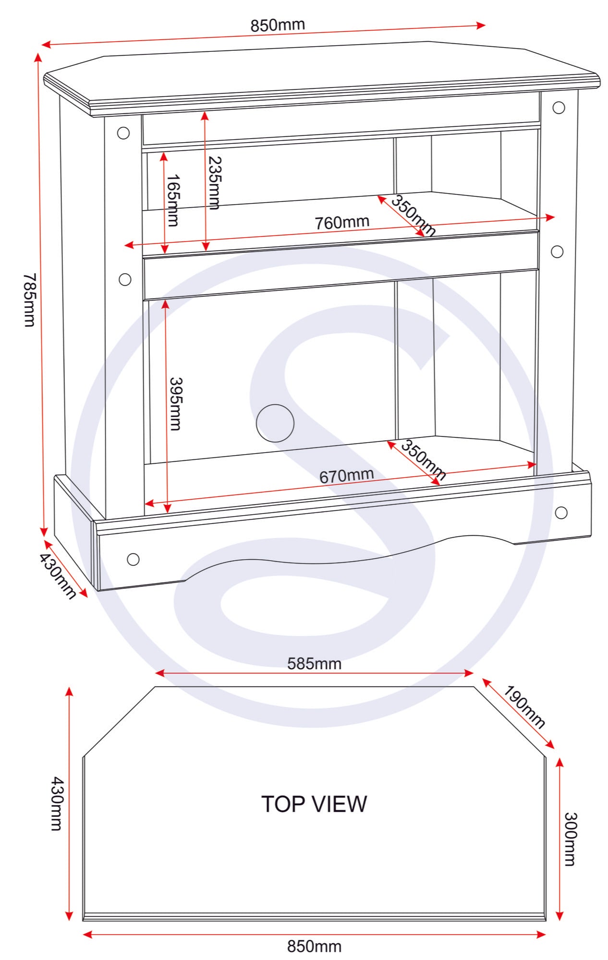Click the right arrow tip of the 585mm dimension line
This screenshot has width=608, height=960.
point(474,673)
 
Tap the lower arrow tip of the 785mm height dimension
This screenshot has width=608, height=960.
point(44,536)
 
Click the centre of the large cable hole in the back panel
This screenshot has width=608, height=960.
point(275,423)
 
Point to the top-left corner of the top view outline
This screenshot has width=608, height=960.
point(155,687)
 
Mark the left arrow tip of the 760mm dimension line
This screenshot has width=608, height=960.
point(124,246)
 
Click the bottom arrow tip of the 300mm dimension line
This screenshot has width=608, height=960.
point(559,920)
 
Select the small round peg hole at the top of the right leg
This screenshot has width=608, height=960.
point(559,108)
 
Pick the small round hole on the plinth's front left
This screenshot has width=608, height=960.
point(133,559)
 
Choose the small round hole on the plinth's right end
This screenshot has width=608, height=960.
point(561,513)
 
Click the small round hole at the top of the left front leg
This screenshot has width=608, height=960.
point(123,133)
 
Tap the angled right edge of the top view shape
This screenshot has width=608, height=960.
point(510,722)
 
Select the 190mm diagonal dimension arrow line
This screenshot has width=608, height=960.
point(518,713)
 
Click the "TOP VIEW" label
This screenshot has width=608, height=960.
point(314,804)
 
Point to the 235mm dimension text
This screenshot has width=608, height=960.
point(214,183)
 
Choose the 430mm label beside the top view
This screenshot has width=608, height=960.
point(56,804)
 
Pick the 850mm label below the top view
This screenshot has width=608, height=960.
point(315,947)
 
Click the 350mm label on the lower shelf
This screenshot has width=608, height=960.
point(423,460)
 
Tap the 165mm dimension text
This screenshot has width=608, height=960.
point(173,200)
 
